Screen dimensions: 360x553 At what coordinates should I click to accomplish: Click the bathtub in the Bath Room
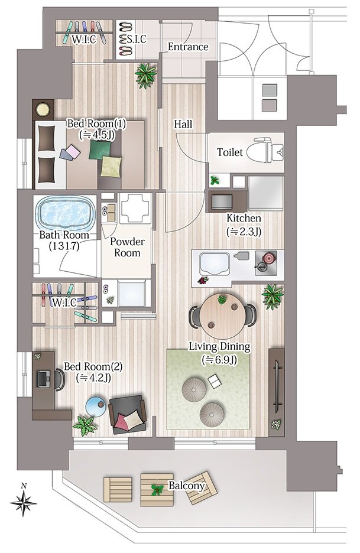[65, 212]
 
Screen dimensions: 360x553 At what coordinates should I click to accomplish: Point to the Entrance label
[188, 47]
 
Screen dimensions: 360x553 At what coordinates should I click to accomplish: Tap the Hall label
[183, 124]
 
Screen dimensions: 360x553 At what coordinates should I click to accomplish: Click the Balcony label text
[187, 486]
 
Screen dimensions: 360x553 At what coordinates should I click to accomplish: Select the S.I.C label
[136, 39]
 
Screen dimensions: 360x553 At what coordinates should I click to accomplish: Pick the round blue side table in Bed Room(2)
[96, 406]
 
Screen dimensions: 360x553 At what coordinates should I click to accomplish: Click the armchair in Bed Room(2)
[128, 414]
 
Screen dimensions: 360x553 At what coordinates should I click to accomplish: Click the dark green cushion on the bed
[100, 149]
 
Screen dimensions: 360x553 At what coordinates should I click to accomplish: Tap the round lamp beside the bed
[43, 109]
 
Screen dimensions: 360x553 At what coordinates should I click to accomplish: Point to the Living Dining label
[219, 346]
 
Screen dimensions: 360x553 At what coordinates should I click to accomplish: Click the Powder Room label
[127, 247]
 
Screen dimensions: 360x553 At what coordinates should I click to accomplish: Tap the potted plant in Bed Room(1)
[145, 74]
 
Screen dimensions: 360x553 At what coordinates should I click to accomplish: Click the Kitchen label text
[244, 218]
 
